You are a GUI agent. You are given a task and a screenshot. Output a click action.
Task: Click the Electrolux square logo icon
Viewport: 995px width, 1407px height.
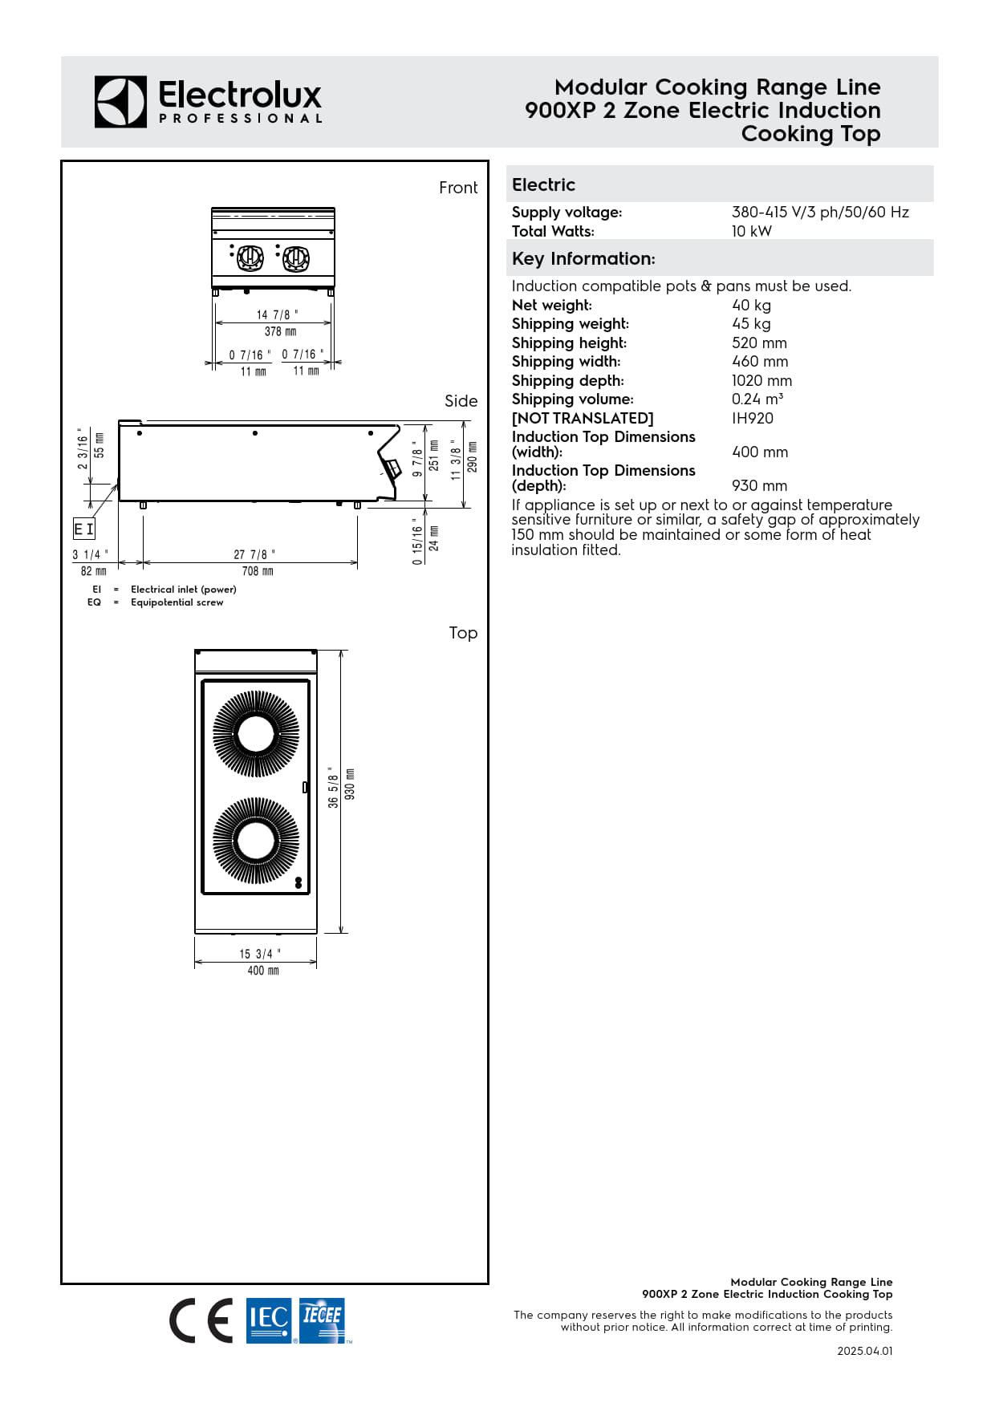pyautogui.click(x=120, y=102)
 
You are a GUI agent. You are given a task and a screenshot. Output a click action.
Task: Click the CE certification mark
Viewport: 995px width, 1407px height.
pyautogui.click(x=201, y=1320)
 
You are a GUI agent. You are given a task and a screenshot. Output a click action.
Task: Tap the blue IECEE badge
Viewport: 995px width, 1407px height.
pyautogui.click(x=322, y=1320)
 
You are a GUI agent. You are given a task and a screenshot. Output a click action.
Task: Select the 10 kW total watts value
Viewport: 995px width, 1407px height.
pyautogui.click(x=751, y=231)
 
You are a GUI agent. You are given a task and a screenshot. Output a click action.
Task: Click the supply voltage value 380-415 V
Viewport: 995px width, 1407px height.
pyautogui.click(x=819, y=212)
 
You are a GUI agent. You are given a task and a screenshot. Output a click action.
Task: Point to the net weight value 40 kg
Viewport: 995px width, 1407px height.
pyautogui.click(x=751, y=305)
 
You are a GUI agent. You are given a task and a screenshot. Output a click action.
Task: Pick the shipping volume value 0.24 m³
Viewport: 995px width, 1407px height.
pyautogui.click(x=757, y=399)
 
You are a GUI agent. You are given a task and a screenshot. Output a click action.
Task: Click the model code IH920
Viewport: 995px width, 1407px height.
pyautogui.click(x=752, y=418)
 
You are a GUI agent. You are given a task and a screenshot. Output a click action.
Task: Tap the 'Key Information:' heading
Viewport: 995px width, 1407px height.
pyautogui.click(x=583, y=258)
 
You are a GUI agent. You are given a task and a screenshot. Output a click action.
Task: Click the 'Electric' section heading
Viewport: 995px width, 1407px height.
pyautogui.click(x=543, y=184)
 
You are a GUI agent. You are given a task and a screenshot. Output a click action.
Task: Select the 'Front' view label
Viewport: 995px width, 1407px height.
pyautogui.click(x=458, y=188)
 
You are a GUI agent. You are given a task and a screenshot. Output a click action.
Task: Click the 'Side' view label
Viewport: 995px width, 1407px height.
pyautogui.click(x=461, y=401)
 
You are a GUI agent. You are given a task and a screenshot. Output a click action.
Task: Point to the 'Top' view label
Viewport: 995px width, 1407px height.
pyautogui.click(x=463, y=633)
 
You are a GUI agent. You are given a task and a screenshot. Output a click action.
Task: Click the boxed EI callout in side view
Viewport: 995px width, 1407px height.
pyautogui.click(x=84, y=529)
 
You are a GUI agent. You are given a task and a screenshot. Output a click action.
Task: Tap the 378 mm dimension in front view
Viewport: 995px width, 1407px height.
pyautogui.click(x=280, y=331)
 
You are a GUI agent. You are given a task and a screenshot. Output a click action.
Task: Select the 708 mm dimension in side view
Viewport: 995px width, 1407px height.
pyautogui.click(x=258, y=571)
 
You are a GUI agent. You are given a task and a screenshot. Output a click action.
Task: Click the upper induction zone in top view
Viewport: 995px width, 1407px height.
pyautogui.click(x=256, y=734)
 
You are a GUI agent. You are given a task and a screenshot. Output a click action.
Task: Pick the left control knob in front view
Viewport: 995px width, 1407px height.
pyautogui.click(x=250, y=257)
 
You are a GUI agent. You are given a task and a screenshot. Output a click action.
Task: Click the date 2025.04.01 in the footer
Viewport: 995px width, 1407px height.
pyautogui.click(x=864, y=1351)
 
